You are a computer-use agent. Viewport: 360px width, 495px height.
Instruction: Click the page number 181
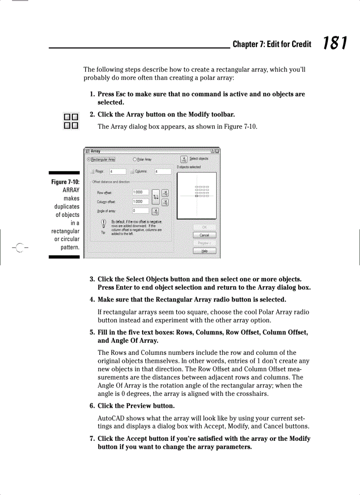(x=334, y=43)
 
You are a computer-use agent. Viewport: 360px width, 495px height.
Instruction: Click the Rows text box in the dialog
(x=117, y=171)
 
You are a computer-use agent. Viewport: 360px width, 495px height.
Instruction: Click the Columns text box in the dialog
(x=162, y=171)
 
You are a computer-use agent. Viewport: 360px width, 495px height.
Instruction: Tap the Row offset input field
(x=140, y=193)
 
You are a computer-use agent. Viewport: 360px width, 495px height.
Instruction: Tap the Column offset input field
(x=140, y=201)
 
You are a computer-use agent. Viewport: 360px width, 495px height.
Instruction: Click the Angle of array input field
(x=140, y=211)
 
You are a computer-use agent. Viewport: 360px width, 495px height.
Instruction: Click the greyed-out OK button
(x=204, y=227)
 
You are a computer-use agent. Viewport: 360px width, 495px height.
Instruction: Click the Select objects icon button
(x=184, y=159)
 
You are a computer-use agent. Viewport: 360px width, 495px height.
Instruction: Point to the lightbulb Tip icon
(x=103, y=223)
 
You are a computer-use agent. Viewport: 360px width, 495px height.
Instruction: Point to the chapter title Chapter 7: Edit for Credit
(x=272, y=44)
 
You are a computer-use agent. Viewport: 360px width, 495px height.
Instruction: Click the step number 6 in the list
(x=92, y=406)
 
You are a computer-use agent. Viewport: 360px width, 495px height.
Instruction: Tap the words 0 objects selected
(x=188, y=167)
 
